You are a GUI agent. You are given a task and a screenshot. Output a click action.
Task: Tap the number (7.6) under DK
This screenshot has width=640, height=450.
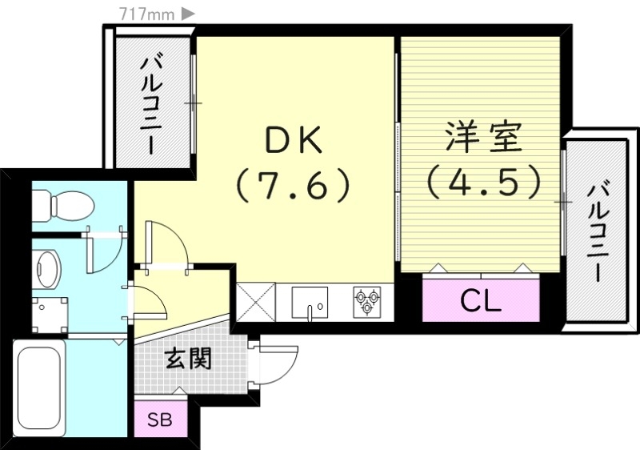click(294, 186)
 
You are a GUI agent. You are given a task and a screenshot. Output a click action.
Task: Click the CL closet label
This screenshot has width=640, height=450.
click(481, 301)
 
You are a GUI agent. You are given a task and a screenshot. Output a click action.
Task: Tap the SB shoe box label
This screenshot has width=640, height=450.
click(159, 420)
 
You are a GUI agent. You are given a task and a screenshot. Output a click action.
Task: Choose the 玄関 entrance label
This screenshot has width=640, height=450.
click(188, 359)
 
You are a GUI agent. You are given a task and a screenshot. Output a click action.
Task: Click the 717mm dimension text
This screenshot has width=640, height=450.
click(146, 14)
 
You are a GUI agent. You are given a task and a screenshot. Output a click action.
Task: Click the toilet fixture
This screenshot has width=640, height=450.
click(60, 205)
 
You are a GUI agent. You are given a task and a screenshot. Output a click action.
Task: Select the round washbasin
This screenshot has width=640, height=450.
click(48, 269)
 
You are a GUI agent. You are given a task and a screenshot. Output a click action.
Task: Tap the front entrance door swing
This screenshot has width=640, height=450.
click(276, 364)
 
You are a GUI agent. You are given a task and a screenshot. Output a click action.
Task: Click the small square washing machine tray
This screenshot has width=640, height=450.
click(49, 315)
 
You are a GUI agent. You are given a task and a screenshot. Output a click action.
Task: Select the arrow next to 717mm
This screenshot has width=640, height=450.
click(188, 14)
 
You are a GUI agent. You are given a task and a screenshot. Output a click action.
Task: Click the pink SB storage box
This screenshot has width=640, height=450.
click(159, 420)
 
